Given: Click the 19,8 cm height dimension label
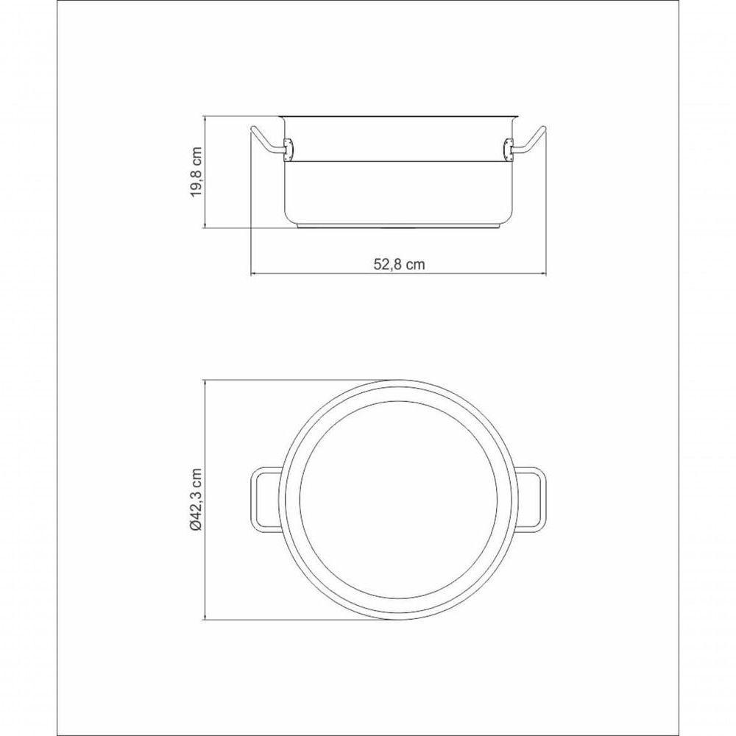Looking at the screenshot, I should [196, 171].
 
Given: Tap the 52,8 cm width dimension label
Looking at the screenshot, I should [399, 265].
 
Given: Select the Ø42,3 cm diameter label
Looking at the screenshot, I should [196, 500].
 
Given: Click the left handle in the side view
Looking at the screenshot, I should [265, 141].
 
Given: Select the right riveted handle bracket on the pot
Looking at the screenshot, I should [508, 149].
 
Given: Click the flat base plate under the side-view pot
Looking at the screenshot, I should [398, 225].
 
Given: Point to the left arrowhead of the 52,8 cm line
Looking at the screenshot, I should [254, 275].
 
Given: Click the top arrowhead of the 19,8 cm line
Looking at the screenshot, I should [205, 118].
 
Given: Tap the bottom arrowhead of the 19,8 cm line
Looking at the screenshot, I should [205, 226].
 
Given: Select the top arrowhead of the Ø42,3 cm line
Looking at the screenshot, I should [205, 383].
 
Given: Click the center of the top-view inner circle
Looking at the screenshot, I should [398, 500].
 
